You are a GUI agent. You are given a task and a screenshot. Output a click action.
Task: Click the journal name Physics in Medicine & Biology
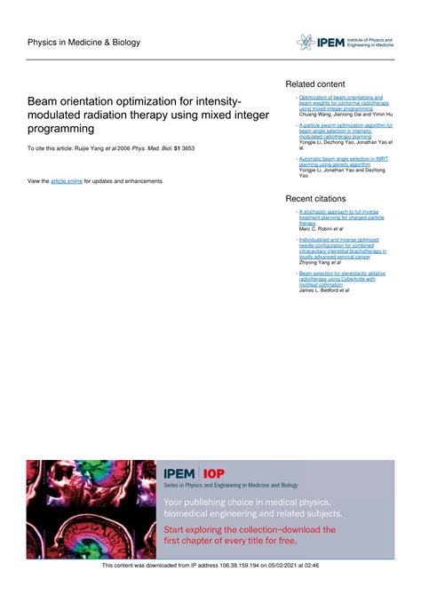(77, 42)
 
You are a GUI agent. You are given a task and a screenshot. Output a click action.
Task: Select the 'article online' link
(67, 180)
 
